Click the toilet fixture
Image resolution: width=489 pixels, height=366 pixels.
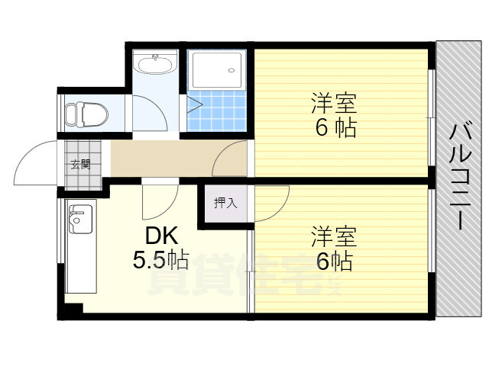[86, 114]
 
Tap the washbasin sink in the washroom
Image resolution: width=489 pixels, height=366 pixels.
[155, 64]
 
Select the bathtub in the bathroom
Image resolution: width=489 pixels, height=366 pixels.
[217, 70]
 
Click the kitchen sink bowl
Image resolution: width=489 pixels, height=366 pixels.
[80, 219]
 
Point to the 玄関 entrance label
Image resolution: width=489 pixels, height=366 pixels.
[80, 164]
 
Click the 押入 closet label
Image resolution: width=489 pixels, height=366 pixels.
[226, 204]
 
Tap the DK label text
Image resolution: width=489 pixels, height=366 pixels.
[161, 236]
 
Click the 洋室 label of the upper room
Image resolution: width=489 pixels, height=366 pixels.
[334, 104]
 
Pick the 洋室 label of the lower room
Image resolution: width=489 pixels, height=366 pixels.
[334, 237]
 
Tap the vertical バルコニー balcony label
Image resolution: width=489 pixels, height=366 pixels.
[460, 176]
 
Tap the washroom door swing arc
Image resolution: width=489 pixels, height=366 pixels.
[158, 105]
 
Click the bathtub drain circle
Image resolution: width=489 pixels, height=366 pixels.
[231, 70]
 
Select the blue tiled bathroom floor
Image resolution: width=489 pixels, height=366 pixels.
[217, 111]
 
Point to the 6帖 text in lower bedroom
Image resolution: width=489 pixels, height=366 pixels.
[335, 262]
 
